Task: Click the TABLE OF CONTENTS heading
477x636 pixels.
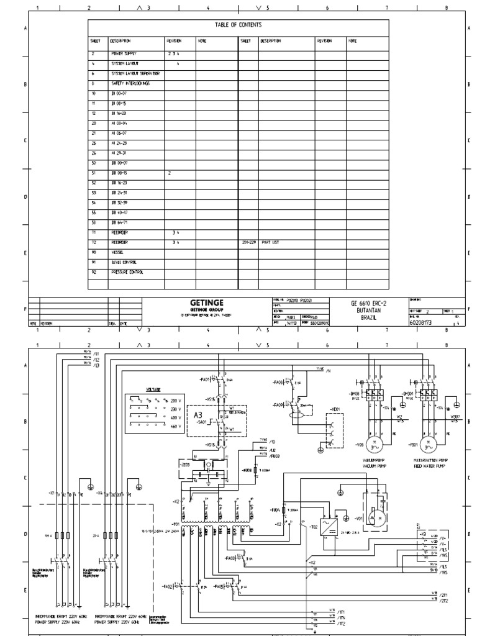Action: pyautogui.click(x=238, y=25)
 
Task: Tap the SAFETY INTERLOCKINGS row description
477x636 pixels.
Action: pyautogui.click(x=130, y=83)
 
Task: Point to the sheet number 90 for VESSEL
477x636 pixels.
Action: pyautogui.click(x=93, y=253)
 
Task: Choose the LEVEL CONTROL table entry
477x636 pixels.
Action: pyautogui.click(x=126, y=263)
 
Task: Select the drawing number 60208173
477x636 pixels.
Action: pyautogui.click(x=422, y=322)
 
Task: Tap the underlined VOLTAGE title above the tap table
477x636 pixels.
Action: pyautogui.click(x=153, y=389)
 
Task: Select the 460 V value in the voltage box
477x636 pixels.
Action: pyautogui.click(x=175, y=427)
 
